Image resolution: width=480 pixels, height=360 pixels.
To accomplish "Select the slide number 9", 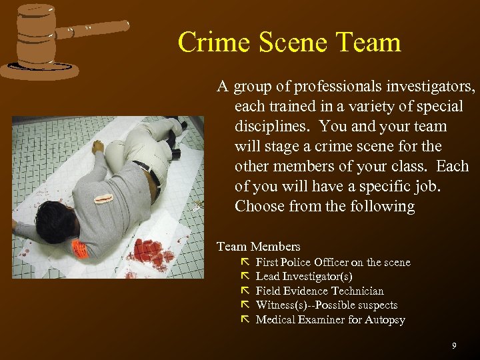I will coord(454,345).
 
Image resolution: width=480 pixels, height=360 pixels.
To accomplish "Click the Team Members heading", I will coord(259,247).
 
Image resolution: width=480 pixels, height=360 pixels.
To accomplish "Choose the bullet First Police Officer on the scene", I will coord(333,263).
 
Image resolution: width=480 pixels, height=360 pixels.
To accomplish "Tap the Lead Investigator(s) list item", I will coord(304,277).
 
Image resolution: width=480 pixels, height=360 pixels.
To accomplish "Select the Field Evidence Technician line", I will coord(319,291).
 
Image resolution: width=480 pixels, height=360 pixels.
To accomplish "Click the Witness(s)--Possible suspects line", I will coord(326,305).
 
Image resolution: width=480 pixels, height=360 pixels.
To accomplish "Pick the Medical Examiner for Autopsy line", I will coord(330,319).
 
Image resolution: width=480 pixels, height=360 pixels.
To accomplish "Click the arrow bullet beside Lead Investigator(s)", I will coord(244,276).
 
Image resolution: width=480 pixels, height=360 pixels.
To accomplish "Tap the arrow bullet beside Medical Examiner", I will coord(244,319).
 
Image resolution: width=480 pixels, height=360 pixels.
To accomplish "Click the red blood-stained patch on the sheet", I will coord(152,251).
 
